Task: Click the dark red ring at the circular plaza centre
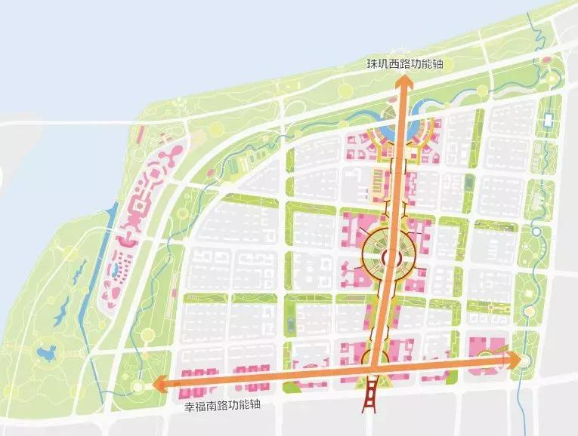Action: point(388,258)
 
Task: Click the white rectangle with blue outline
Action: point(548,121)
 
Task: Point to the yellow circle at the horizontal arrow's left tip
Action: point(138,387)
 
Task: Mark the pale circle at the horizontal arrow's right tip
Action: point(524,361)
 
